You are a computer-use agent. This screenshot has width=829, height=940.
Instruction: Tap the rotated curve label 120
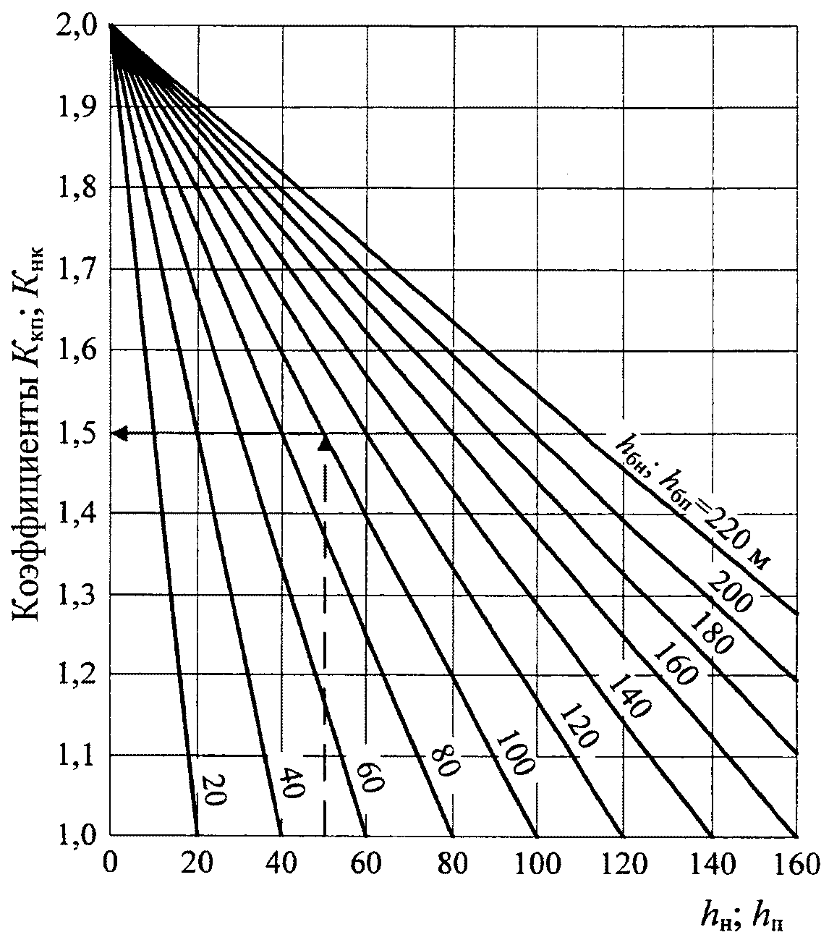coord(579,726)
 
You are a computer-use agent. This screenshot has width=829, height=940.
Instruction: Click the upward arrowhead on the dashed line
coord(326,444)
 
